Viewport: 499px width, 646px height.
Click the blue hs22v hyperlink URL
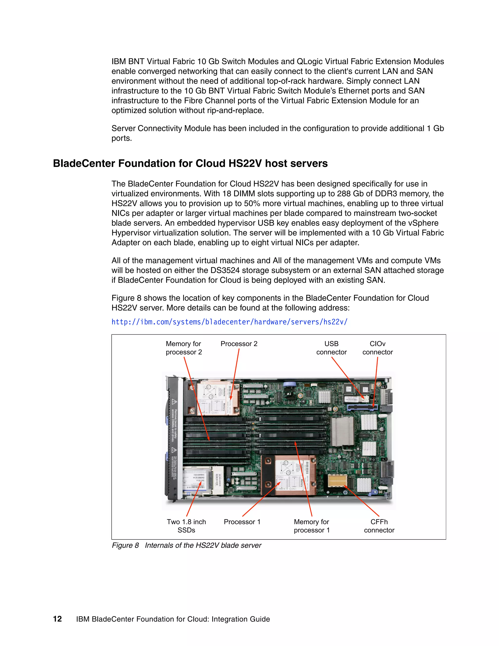pos(229,322)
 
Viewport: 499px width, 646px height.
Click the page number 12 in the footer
pos(57,619)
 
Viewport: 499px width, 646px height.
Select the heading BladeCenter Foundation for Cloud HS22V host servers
pos(190,163)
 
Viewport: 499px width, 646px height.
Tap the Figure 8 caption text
pos(187,545)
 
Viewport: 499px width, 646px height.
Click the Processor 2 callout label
pos(239,344)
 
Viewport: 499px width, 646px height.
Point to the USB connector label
pos(331,348)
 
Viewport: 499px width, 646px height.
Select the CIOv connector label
pos(377,348)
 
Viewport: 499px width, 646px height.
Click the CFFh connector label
pos(379,526)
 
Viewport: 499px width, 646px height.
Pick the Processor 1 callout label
pos(242,522)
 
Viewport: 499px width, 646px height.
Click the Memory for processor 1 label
pos(312,526)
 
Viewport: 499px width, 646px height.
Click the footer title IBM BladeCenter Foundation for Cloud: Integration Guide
pos(173,619)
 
